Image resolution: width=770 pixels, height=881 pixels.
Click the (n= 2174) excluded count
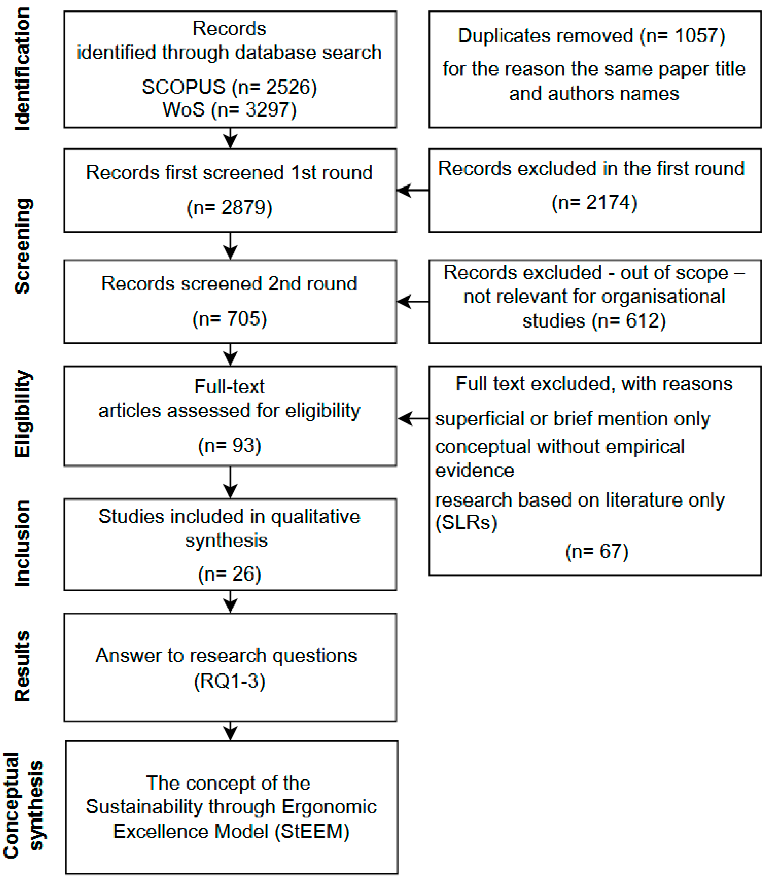click(x=594, y=203)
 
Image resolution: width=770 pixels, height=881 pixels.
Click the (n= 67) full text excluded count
click(x=597, y=552)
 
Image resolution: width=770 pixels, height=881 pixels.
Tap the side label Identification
click(x=22, y=69)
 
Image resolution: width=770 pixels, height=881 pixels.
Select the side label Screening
click(x=22, y=246)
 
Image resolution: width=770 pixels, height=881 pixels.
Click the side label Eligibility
click(x=22, y=413)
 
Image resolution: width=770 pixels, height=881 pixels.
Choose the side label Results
click(x=22, y=666)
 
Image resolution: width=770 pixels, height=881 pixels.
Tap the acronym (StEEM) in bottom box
click(x=312, y=831)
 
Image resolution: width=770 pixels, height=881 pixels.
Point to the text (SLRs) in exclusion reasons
click(x=466, y=523)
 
